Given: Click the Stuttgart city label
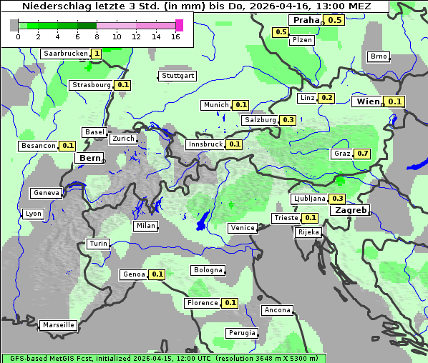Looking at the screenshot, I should click(177, 76).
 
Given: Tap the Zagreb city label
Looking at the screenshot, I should click(350, 211).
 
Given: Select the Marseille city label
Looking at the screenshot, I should click(58, 325).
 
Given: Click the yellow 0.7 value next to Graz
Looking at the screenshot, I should click(363, 154).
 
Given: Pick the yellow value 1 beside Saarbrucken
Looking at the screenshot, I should click(97, 54).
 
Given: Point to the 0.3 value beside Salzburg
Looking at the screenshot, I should click(288, 120).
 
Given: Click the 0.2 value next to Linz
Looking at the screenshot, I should click(326, 98).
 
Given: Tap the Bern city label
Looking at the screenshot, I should click(90, 158).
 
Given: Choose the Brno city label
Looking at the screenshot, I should click(378, 56).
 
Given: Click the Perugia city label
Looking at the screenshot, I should click(241, 333).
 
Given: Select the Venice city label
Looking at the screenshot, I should click(242, 228).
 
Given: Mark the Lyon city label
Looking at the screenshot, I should click(33, 214).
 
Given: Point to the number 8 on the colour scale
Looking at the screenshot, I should click(97, 37).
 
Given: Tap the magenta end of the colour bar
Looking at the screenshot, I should click(179, 26).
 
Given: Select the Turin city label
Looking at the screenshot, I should click(98, 244).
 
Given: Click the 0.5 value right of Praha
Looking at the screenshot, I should click(335, 20).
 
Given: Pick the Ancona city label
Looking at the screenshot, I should click(277, 310).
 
